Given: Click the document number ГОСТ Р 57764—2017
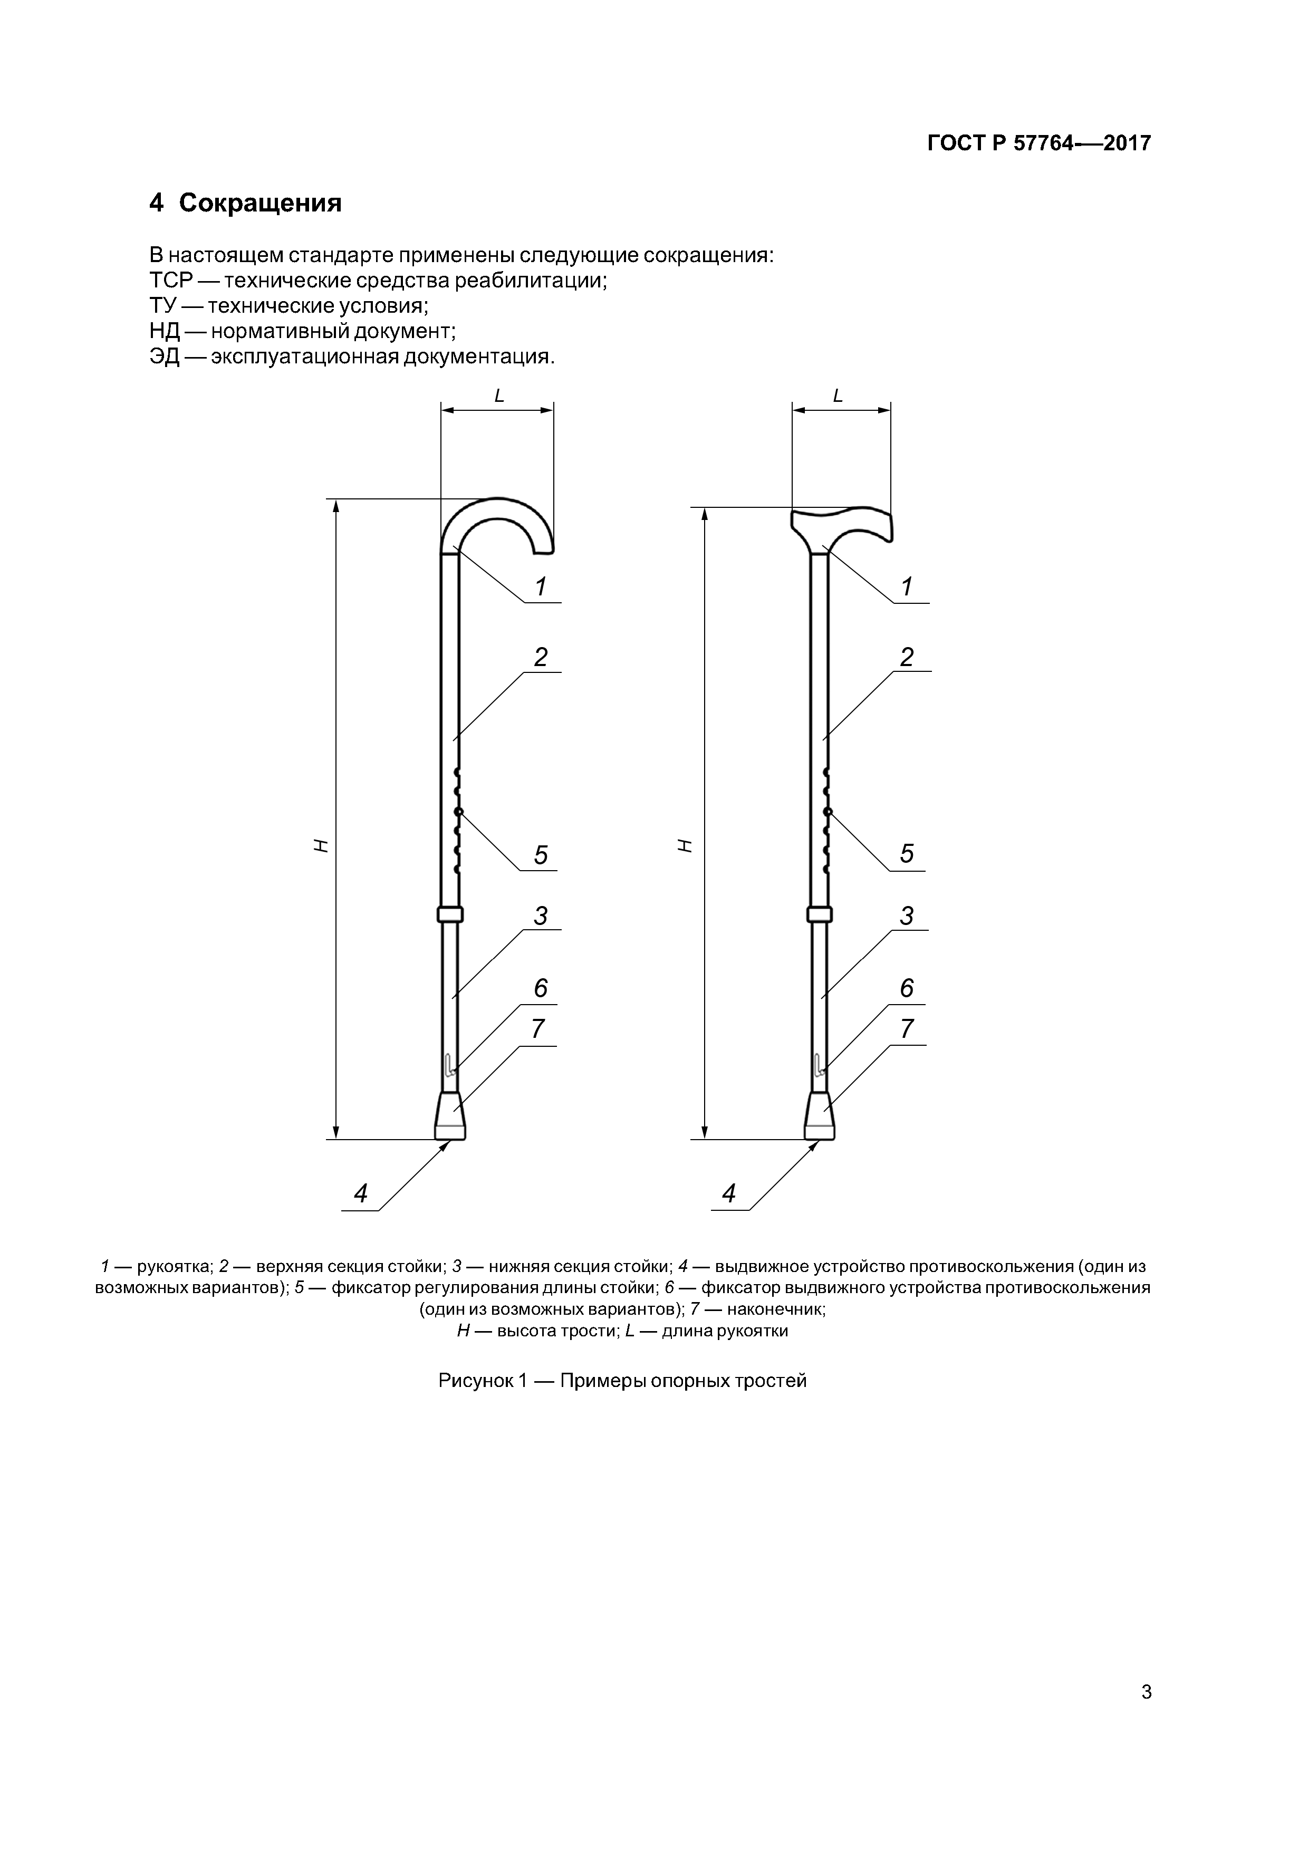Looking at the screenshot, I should point(1039,143).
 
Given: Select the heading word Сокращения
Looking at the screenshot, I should point(261,203).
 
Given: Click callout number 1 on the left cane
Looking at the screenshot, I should point(541,586).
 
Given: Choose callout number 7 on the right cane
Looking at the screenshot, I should point(907,1029).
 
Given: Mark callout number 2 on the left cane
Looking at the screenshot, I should point(541,657).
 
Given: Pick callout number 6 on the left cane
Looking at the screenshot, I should point(541,988).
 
